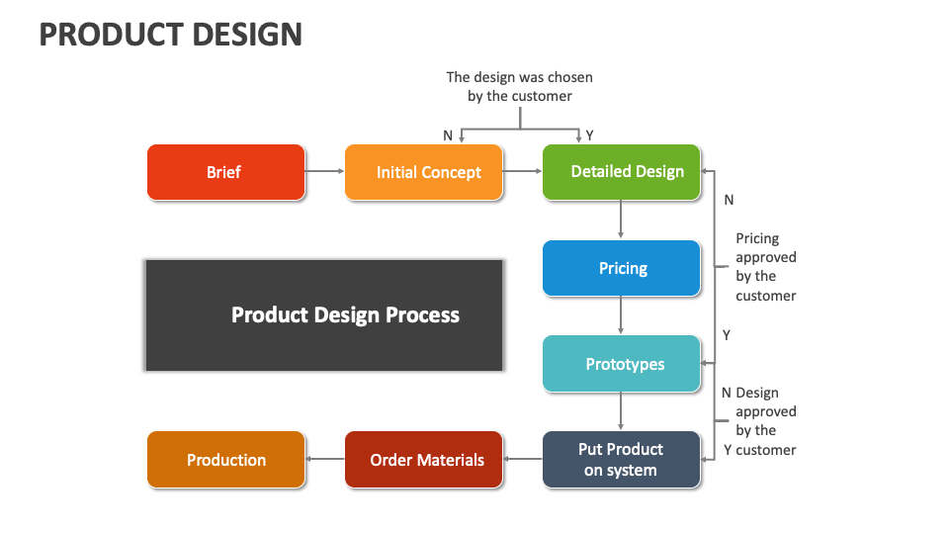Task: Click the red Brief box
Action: (225, 172)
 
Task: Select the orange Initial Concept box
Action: (423, 172)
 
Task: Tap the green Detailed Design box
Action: (621, 172)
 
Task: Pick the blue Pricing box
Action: (621, 268)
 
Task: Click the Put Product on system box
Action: (621, 460)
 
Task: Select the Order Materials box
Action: (423, 460)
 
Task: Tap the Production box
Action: (225, 460)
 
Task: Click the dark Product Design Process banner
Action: (324, 315)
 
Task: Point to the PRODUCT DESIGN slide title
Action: (170, 35)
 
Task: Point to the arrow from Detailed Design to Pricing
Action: (621, 219)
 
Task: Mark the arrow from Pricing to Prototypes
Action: (621, 314)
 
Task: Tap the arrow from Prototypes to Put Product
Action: (621, 410)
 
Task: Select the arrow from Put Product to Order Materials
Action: (522, 460)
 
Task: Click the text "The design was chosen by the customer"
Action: (520, 86)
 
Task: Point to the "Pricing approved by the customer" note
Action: (765, 267)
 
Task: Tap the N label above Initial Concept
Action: (448, 135)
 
